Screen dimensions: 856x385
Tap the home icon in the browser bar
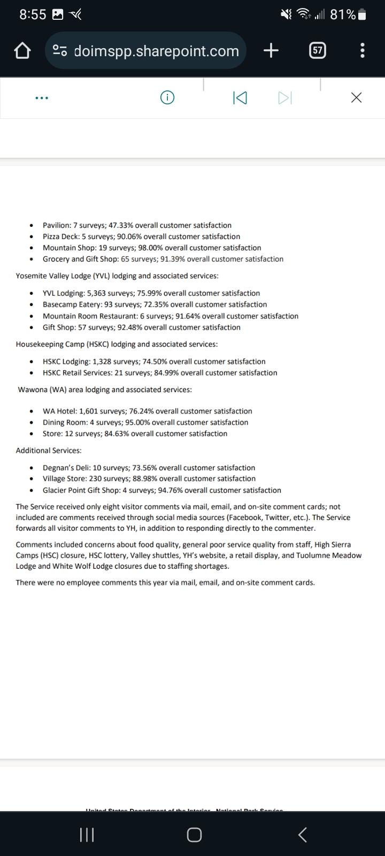[x=21, y=51]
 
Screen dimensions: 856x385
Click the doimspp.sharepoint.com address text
[x=156, y=51]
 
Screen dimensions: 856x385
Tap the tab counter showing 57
[x=318, y=51]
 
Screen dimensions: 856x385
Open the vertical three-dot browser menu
[x=363, y=51]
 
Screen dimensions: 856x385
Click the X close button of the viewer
[x=356, y=97]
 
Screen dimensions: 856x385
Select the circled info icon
[x=167, y=97]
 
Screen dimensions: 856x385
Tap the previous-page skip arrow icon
[x=240, y=98]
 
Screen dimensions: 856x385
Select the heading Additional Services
[x=49, y=450]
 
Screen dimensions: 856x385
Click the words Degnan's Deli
[x=65, y=468]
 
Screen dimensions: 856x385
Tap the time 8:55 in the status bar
[x=33, y=14]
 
